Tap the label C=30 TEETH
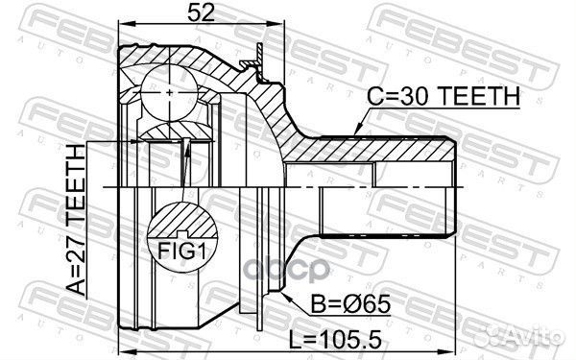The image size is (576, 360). [x=444, y=96]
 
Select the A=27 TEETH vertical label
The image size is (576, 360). [x=76, y=220]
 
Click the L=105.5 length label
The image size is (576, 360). [x=335, y=340]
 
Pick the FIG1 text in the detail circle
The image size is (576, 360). [x=180, y=252]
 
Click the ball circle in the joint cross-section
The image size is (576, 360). [x=169, y=92]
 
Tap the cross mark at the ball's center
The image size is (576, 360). [x=169, y=92]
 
